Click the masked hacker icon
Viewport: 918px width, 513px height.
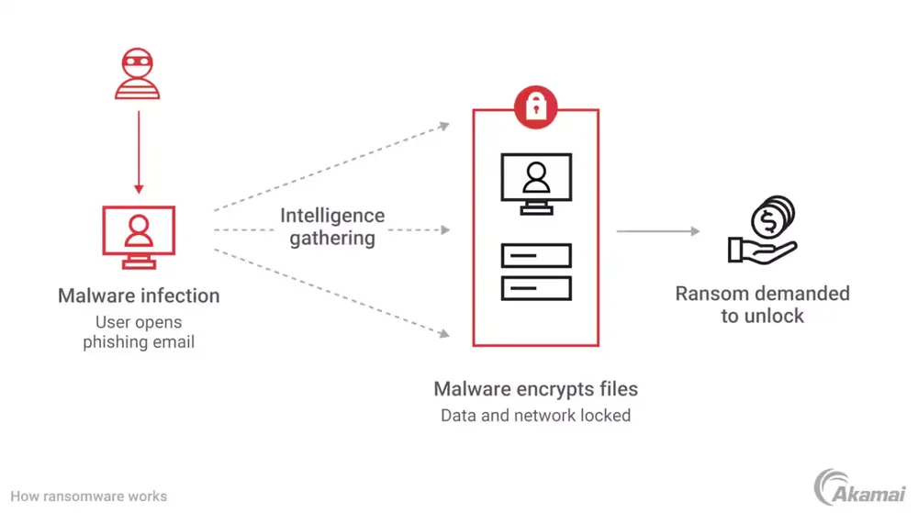pyautogui.click(x=138, y=74)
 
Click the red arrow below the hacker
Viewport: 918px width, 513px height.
pyautogui.click(x=139, y=151)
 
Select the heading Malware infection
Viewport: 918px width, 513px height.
pyautogui.click(x=139, y=296)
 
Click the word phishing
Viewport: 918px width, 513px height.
pyautogui.click(x=113, y=342)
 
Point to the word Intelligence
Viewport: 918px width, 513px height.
pyautogui.click(x=332, y=216)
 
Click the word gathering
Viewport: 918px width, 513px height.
pyautogui.click(x=332, y=239)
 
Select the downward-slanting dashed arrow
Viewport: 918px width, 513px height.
pyautogui.click(x=330, y=293)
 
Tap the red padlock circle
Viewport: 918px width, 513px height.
pyautogui.click(x=536, y=107)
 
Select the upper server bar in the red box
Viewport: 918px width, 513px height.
pyautogui.click(x=536, y=255)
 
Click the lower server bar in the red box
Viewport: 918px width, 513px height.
pyautogui.click(x=536, y=288)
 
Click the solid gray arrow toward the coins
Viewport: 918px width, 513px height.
pyautogui.click(x=657, y=231)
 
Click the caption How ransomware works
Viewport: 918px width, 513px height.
pyautogui.click(x=89, y=496)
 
